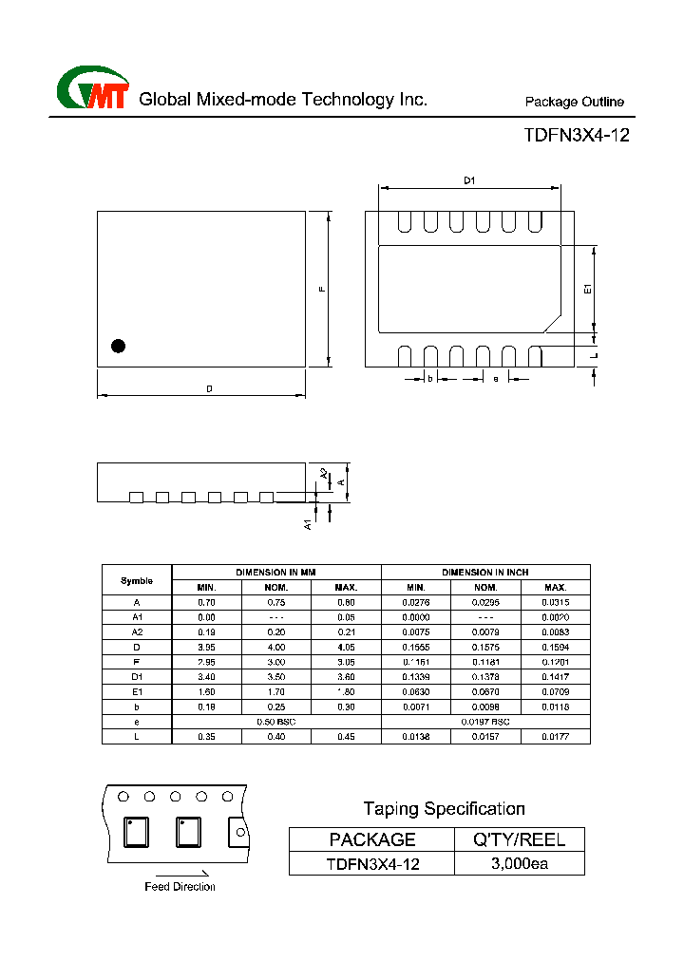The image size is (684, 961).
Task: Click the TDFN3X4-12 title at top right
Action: [576, 135]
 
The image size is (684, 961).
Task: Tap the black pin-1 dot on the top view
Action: [119, 347]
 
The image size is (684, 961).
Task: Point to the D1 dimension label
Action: [468, 180]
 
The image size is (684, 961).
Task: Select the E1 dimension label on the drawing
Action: [588, 289]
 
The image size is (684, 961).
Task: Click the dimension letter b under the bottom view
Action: [429, 379]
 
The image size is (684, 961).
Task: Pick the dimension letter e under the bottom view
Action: [495, 379]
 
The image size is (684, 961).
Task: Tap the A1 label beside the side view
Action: [308, 523]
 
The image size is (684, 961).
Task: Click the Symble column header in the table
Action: [137, 580]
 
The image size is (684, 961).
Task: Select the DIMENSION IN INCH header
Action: [485, 573]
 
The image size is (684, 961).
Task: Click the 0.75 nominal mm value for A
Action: [275, 602]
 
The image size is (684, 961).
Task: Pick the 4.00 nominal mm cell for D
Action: [275, 647]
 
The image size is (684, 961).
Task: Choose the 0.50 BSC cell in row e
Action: [275, 722]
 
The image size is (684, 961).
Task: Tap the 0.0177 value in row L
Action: [555, 737]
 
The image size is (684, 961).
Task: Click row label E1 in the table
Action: [137, 691]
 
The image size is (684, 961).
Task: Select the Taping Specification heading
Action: [444, 809]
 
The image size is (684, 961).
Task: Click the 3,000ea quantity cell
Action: [520, 864]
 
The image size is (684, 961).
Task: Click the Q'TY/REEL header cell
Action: [520, 839]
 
